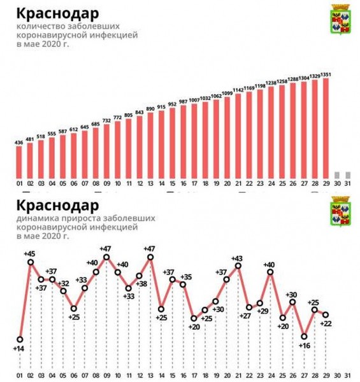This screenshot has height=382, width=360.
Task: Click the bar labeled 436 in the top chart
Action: [20, 164]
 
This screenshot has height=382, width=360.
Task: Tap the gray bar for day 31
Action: [348, 175]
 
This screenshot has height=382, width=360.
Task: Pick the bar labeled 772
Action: [118, 150]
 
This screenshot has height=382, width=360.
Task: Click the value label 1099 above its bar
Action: [227, 94]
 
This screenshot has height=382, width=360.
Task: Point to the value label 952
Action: [172, 103]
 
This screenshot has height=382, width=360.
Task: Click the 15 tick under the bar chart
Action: [172, 185]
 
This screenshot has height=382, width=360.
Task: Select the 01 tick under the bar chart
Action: [20, 185]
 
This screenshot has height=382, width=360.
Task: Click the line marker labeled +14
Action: [20, 339]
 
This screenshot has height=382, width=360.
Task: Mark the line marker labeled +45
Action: [31, 262]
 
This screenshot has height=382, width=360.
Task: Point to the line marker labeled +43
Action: [238, 266]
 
